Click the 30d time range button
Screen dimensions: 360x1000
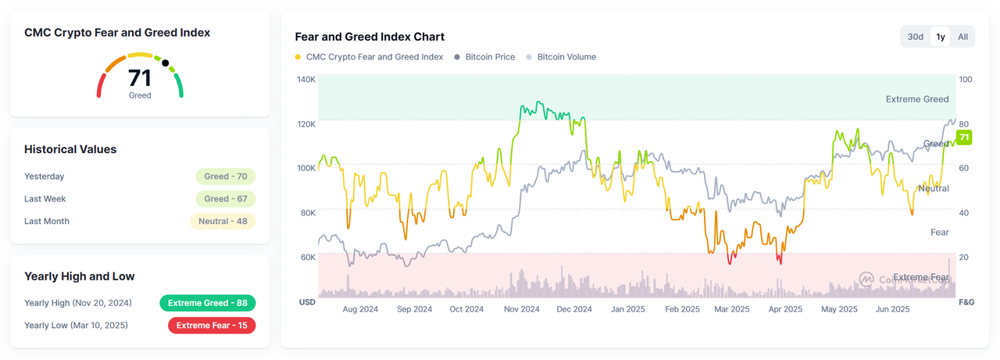(x=915, y=37)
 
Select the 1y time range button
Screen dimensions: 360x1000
(x=941, y=37)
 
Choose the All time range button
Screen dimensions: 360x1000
(x=962, y=37)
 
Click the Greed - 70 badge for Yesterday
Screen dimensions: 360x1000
(x=226, y=176)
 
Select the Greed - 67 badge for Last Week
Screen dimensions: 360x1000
(x=226, y=199)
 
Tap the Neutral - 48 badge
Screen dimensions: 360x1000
(x=223, y=221)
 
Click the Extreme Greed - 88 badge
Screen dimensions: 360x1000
(x=208, y=303)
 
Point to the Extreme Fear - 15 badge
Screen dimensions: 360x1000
(x=212, y=325)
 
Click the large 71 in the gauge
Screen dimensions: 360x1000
(x=140, y=78)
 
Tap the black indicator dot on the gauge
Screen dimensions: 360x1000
(x=166, y=62)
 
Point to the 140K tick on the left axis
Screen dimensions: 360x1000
(x=306, y=80)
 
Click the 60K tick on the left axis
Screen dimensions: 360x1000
(x=306, y=257)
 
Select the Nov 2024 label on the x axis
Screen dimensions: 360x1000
(x=521, y=309)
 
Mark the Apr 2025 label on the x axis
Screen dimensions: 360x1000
(x=785, y=309)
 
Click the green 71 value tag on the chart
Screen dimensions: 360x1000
(x=964, y=138)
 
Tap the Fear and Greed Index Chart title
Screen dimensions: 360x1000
(x=370, y=37)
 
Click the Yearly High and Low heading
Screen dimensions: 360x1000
(x=80, y=276)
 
